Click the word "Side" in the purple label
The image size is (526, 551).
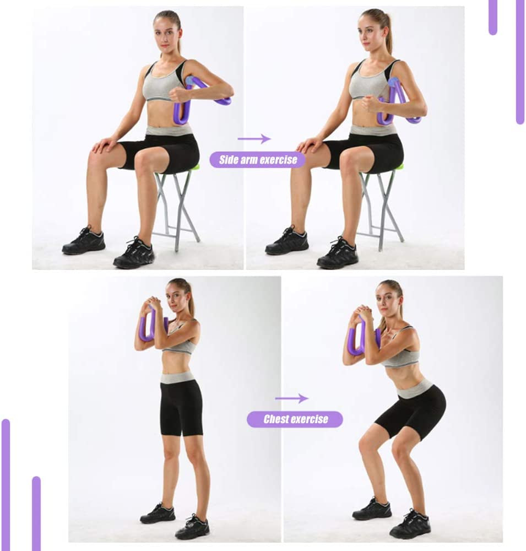coord(227,160)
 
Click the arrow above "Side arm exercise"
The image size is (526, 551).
coord(254,139)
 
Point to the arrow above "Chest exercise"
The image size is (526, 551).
coord(291,398)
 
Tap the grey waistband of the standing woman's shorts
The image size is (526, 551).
coord(178,378)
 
